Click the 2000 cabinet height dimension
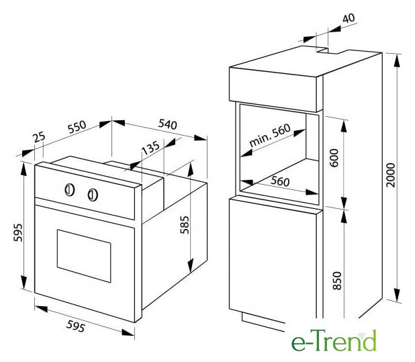click(390, 175)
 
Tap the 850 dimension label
click(337, 280)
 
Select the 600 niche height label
click(334, 158)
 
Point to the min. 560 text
click(270, 135)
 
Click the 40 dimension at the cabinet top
click(349, 18)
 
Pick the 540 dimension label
click(167, 124)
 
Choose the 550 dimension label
click(77, 127)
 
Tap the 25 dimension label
click(40, 138)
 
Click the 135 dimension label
click(150, 147)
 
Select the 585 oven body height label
click(185, 225)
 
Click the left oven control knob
click(70, 190)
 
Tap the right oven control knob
click(93, 195)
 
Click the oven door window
click(84, 256)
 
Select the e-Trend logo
click(334, 341)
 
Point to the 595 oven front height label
click(18, 232)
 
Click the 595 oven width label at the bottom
click(76, 326)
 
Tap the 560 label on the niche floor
click(280, 181)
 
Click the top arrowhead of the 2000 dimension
click(396, 61)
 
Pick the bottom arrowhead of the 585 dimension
click(190, 266)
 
